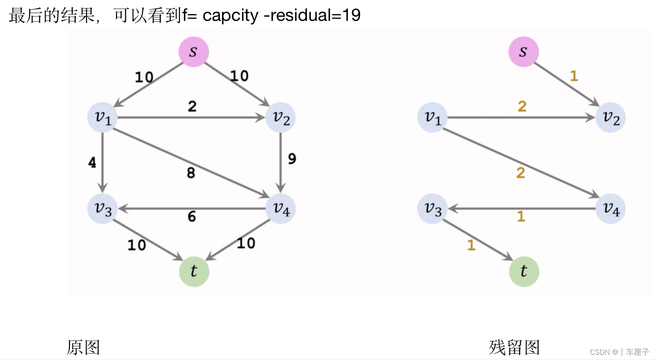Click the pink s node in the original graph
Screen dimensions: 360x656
click(x=193, y=52)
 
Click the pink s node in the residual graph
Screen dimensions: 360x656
click(x=523, y=52)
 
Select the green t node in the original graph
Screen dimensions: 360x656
click(x=194, y=271)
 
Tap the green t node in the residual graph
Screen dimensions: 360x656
click(x=524, y=271)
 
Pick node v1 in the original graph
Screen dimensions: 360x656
click(x=103, y=117)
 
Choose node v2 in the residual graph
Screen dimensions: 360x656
click(x=610, y=117)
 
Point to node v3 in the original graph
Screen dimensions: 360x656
click(x=103, y=209)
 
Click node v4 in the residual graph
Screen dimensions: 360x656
click(x=610, y=209)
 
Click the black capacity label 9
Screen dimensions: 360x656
click(x=292, y=159)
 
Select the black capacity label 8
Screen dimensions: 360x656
click(x=191, y=173)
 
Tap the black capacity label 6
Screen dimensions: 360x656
click(x=192, y=216)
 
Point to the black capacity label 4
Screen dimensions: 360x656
click(x=92, y=163)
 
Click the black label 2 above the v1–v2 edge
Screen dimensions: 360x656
click(x=192, y=106)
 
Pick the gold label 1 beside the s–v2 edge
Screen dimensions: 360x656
click(x=574, y=76)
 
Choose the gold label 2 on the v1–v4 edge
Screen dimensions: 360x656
click(x=520, y=173)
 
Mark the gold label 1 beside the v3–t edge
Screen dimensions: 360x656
click(x=471, y=245)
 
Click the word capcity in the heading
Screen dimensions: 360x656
click(x=230, y=16)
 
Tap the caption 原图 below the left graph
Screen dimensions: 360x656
click(x=83, y=347)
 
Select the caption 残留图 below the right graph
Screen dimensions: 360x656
click(x=514, y=347)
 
